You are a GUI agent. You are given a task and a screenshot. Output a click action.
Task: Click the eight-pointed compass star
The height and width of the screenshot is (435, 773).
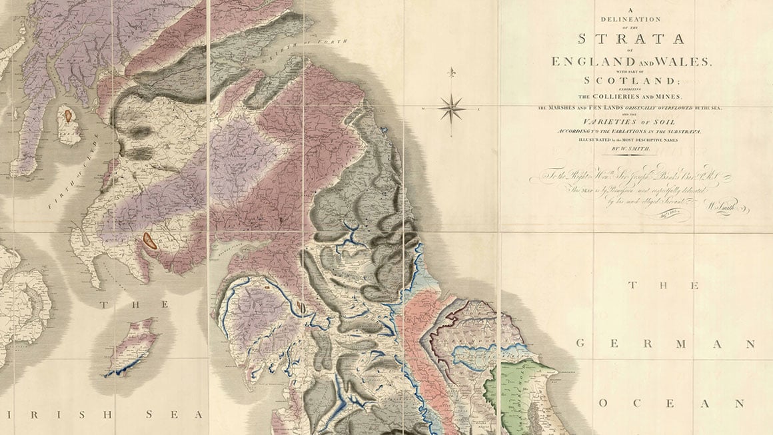pyautogui.click(x=452, y=107)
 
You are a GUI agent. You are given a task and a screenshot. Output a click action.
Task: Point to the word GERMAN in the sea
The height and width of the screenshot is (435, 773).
pyautogui.click(x=665, y=344)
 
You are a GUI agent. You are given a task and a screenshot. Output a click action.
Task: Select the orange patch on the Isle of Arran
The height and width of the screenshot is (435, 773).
pyautogui.click(x=68, y=115)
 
